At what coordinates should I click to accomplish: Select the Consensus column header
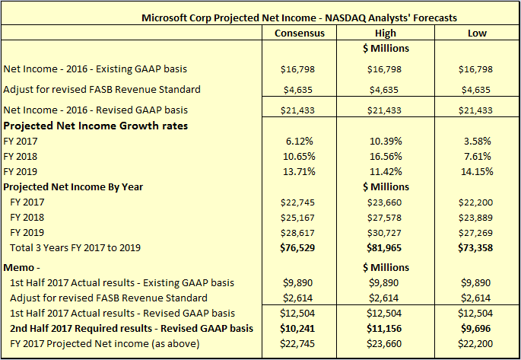tap(299, 33)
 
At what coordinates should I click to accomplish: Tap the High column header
tap(386, 33)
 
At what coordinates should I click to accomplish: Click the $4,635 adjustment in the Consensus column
tap(299, 89)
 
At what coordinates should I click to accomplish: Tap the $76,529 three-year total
tap(299, 248)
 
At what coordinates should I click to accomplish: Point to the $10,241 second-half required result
tap(299, 328)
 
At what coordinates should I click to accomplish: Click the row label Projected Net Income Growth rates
tap(96, 126)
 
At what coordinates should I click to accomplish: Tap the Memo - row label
tap(24, 267)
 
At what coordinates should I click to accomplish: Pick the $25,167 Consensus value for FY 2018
tap(299, 218)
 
